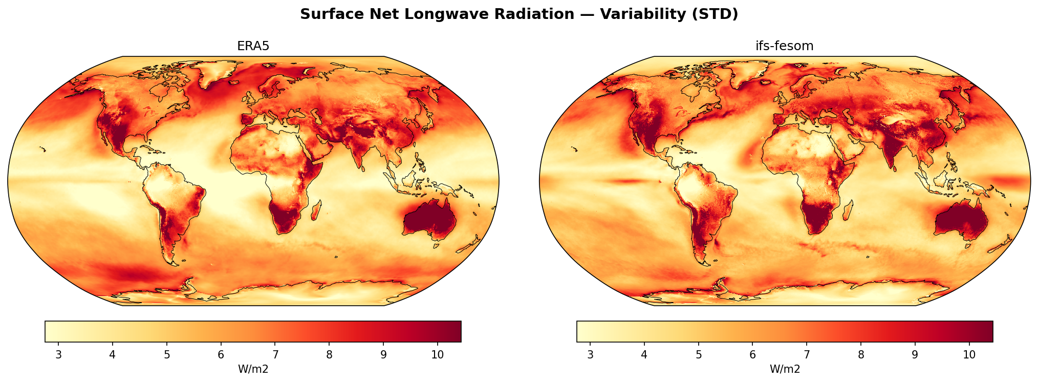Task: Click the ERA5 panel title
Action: [x=253, y=46]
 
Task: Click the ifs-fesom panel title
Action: [x=784, y=46]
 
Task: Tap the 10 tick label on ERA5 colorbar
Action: [x=437, y=355]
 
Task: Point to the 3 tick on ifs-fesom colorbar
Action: [x=590, y=355]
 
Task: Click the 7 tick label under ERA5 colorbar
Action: [x=275, y=355]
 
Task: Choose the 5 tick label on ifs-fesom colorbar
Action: [x=698, y=355]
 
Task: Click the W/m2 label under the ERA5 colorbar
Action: [x=253, y=369]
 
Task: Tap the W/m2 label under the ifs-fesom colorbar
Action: [x=785, y=369]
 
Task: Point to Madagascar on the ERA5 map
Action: [x=316, y=210]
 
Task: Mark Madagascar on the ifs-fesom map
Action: [x=848, y=210]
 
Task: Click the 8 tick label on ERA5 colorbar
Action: [x=329, y=355]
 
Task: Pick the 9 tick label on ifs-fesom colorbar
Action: [x=915, y=355]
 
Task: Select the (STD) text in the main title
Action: [x=716, y=14]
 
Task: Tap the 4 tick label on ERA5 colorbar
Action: [x=113, y=355]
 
